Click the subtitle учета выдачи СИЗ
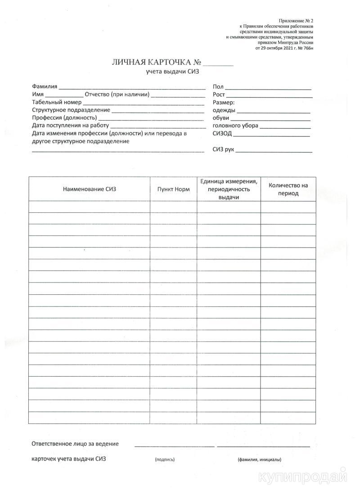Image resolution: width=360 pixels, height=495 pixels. click(x=172, y=72)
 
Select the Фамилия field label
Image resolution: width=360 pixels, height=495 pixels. click(x=45, y=86)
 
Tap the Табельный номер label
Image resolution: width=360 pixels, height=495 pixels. click(x=57, y=102)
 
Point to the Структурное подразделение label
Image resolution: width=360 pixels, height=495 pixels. click(x=71, y=110)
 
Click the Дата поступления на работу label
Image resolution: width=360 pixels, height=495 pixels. click(x=71, y=126)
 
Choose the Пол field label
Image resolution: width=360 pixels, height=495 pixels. click(x=218, y=87)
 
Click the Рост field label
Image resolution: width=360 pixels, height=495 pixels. click(x=219, y=94)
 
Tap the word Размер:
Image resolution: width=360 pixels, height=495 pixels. click(x=224, y=103)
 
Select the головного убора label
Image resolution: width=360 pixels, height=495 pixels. click(x=235, y=126)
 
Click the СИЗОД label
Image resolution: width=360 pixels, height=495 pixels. click(x=222, y=134)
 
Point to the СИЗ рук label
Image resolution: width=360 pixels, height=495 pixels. click(x=223, y=149)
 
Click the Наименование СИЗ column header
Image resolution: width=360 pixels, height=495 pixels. click(x=90, y=189)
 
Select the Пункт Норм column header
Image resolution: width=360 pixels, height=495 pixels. click(x=173, y=189)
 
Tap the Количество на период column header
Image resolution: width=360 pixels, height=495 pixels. click(x=288, y=189)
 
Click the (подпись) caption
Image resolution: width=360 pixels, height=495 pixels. click(x=165, y=459)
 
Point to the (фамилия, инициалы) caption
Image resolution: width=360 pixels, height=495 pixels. click(x=260, y=459)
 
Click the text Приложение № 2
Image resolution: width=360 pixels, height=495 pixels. click(x=296, y=21)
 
